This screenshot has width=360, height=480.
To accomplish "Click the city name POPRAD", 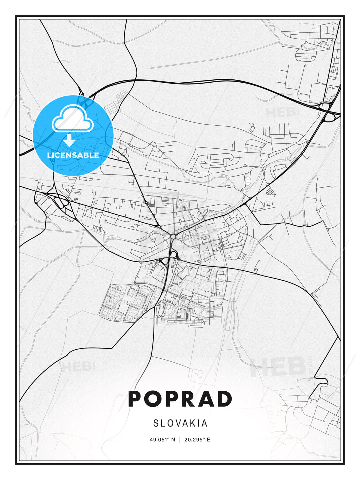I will pyautogui.click(x=180, y=399).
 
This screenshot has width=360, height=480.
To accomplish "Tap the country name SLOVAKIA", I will pyautogui.click(x=180, y=423).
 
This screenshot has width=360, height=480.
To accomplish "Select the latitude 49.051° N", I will pyautogui.click(x=162, y=440).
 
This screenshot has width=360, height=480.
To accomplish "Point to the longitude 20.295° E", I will pyautogui.click(x=197, y=440).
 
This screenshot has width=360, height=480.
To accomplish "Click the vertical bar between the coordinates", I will pyautogui.click(x=180, y=440).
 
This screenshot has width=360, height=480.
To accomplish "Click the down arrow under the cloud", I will pyautogui.click(x=69, y=140).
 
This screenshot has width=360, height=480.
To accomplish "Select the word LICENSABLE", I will pyautogui.click(x=73, y=155).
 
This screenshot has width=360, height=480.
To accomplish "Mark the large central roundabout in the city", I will pyautogui.click(x=173, y=236).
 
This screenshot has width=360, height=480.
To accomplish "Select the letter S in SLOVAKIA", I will pyautogui.click(x=156, y=423).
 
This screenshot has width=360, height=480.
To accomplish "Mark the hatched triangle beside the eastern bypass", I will pyautogui.click(x=272, y=191).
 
